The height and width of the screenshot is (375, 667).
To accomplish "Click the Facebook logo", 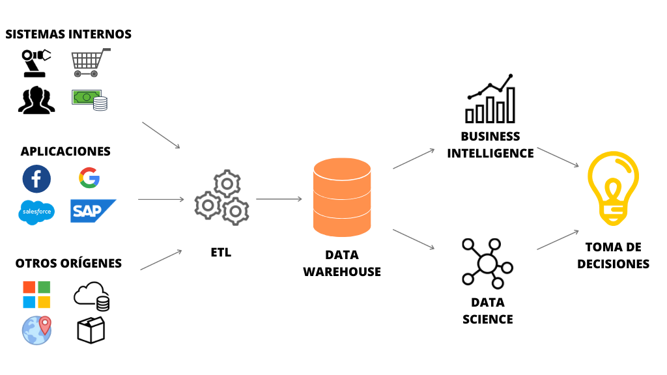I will pos(36,179).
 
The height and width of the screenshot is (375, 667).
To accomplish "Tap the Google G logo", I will pos(89,177).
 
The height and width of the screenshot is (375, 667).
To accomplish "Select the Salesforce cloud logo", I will pos(36,212).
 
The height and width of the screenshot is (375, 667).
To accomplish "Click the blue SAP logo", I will pos(92,211).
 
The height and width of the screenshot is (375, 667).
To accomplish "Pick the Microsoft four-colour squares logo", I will pos(36,294).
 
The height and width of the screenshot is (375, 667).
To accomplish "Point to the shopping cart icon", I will pos(90,62).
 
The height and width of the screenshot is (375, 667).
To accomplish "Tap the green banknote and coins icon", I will pos(90,100).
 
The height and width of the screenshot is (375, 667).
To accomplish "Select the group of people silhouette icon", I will pos(36,100).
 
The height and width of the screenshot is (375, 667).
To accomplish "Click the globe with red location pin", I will pos(36,329).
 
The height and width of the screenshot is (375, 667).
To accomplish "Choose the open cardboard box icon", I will pos(91,330).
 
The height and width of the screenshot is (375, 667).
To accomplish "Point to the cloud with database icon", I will pos(91,296).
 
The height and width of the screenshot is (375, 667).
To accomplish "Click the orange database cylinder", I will pos(342,197).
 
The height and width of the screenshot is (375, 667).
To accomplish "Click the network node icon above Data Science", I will pos(487,263).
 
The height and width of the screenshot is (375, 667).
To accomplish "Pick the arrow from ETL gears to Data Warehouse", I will pos(279,199).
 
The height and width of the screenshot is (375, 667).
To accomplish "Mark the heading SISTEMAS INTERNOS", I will pos(68,34).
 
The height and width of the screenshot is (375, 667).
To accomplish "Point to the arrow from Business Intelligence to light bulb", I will pos(558,158).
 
